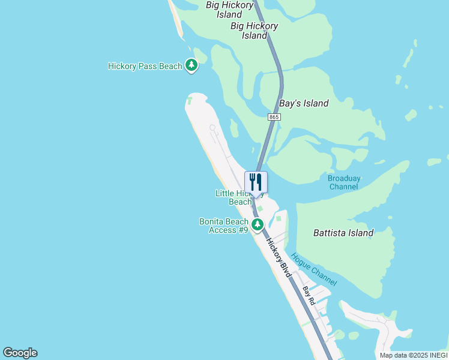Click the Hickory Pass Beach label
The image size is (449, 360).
[145, 66]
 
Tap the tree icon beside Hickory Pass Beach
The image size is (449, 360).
[191, 65]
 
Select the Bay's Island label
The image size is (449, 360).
[304, 103]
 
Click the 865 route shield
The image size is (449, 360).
[274, 117]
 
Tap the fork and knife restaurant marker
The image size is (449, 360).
[256, 182]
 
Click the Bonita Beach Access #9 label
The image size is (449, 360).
[224, 226]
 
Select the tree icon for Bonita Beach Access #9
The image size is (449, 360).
[258, 225]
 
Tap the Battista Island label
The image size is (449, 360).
[343, 233]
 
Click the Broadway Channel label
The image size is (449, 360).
[344, 182]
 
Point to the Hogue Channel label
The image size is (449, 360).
[313, 269]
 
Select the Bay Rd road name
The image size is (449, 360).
[309, 296]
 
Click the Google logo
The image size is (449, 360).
[20, 353]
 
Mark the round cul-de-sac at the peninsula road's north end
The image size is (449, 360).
[212, 127]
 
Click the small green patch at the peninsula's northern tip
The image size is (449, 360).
[190, 100]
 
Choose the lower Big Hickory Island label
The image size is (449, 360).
[254, 31]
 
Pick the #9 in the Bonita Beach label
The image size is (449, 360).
[243, 230]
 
